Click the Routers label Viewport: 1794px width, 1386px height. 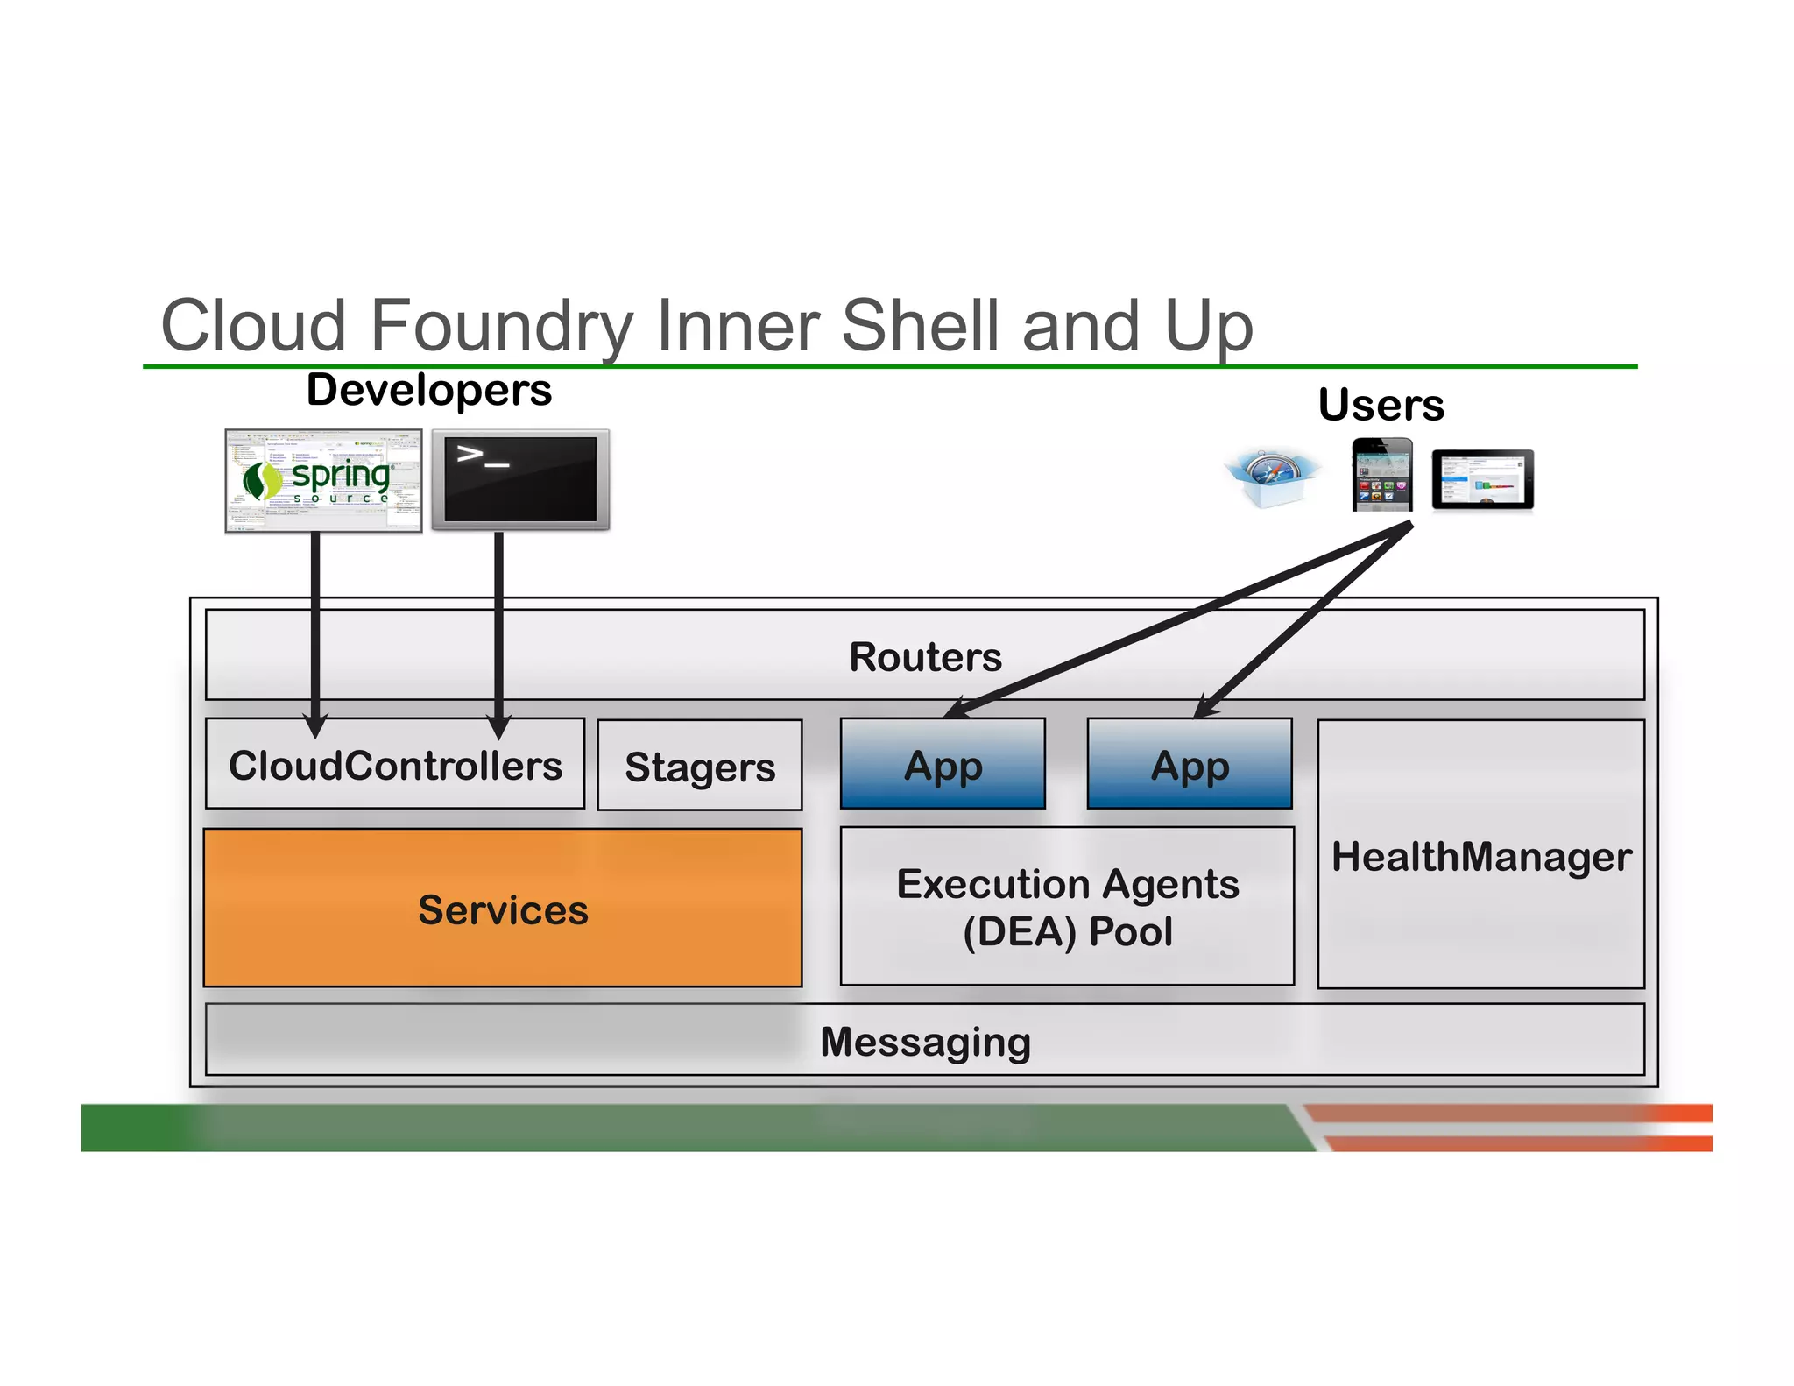(x=925, y=657)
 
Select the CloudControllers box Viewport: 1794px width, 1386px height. (x=394, y=765)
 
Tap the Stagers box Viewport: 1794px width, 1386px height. (x=699, y=767)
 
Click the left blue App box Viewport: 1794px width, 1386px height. (x=943, y=765)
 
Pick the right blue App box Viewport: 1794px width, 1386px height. (x=1189, y=765)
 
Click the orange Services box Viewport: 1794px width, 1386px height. (x=502, y=909)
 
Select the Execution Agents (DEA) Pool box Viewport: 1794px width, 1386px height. (x=1067, y=907)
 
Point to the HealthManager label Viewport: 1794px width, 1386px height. (x=1480, y=856)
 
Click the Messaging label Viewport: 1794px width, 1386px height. (x=925, y=1042)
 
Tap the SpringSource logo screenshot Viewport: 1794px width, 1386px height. (x=323, y=480)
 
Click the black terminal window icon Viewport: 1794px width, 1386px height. (x=520, y=479)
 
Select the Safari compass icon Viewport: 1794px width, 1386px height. (x=1271, y=477)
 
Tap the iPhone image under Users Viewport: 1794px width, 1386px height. (x=1382, y=475)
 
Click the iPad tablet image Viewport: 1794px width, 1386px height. (x=1482, y=479)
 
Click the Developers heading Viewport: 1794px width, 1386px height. (x=428, y=390)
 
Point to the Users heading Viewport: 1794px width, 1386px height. (x=1381, y=405)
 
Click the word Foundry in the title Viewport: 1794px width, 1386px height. (x=501, y=325)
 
